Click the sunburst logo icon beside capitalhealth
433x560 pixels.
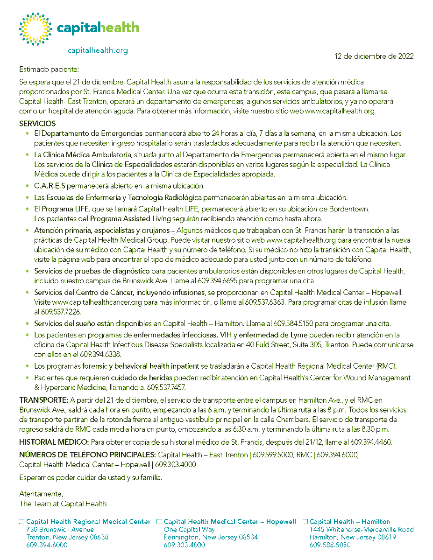[35, 29]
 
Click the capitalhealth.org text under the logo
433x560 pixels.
[98, 50]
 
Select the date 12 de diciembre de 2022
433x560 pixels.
[374, 56]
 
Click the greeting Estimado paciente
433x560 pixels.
[49, 70]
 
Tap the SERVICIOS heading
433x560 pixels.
[37, 124]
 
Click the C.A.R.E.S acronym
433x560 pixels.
[50, 185]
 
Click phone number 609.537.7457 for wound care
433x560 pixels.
[169, 387]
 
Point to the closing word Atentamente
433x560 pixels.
[40, 494]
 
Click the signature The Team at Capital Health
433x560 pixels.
[63, 504]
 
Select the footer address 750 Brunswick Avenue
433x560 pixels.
[60, 530]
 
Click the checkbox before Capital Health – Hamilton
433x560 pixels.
[305, 522]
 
